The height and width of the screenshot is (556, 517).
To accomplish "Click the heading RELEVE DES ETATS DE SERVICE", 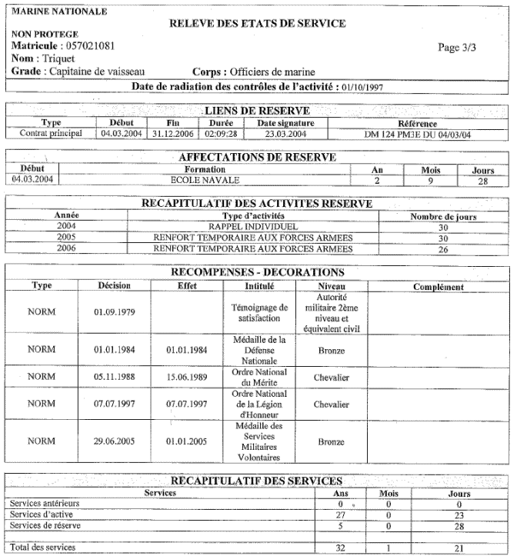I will point(257,24).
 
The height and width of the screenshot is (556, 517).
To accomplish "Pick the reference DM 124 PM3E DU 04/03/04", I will point(418,133).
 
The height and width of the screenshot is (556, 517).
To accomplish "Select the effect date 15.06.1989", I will point(187,377).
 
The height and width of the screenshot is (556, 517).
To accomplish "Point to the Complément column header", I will point(438,287).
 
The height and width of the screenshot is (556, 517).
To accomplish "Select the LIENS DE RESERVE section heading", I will point(258,111).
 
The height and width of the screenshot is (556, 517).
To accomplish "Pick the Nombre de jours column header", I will point(443,216).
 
